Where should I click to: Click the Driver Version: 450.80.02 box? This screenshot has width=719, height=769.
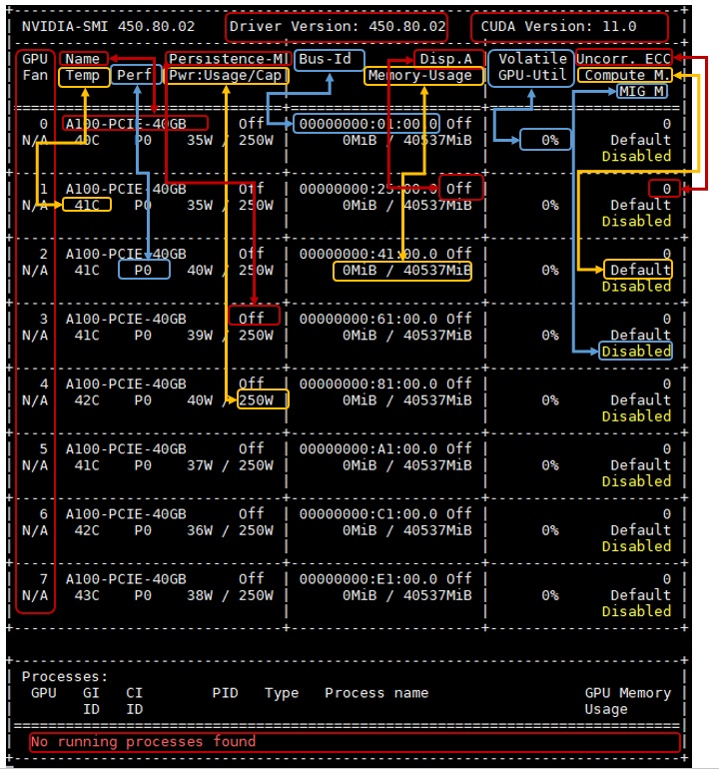click(337, 26)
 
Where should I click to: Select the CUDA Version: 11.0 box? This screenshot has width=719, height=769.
click(568, 26)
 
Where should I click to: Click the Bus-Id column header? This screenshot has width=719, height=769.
click(328, 59)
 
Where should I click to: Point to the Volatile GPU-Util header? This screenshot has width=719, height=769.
click(531, 67)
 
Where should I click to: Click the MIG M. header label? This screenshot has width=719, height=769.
click(642, 92)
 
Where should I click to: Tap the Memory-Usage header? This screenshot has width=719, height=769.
click(419, 75)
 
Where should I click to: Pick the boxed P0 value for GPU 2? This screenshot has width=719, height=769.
click(143, 270)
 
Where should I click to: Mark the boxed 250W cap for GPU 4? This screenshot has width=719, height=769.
click(263, 400)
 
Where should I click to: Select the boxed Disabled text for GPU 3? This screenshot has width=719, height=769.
click(636, 351)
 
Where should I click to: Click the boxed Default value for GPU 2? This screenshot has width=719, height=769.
click(640, 270)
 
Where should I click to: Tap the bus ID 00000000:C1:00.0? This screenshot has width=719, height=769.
click(371, 513)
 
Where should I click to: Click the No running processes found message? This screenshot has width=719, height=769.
click(142, 742)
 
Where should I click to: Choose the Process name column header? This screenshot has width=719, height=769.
click(375, 693)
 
